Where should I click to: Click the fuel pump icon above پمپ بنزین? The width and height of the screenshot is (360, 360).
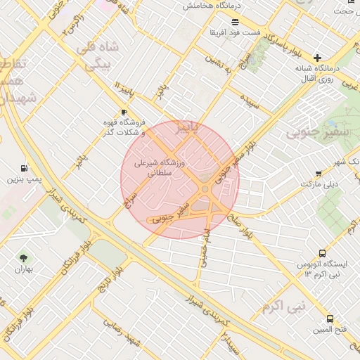click(25, 169)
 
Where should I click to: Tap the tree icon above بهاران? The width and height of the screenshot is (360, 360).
click(25, 259)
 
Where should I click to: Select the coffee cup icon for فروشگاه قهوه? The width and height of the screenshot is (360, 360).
click(124, 112)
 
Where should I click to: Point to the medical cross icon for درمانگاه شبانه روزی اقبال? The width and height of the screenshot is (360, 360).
click(317, 57)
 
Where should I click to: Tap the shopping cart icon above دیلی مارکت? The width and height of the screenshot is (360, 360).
click(319, 173)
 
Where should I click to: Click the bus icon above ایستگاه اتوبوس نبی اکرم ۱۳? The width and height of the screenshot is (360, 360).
click(322, 253)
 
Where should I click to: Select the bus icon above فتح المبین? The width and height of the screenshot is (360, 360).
click(330, 319)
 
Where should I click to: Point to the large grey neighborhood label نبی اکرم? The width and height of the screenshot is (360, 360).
click(284, 307)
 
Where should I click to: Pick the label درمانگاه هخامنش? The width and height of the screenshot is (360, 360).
click(212, 5)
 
